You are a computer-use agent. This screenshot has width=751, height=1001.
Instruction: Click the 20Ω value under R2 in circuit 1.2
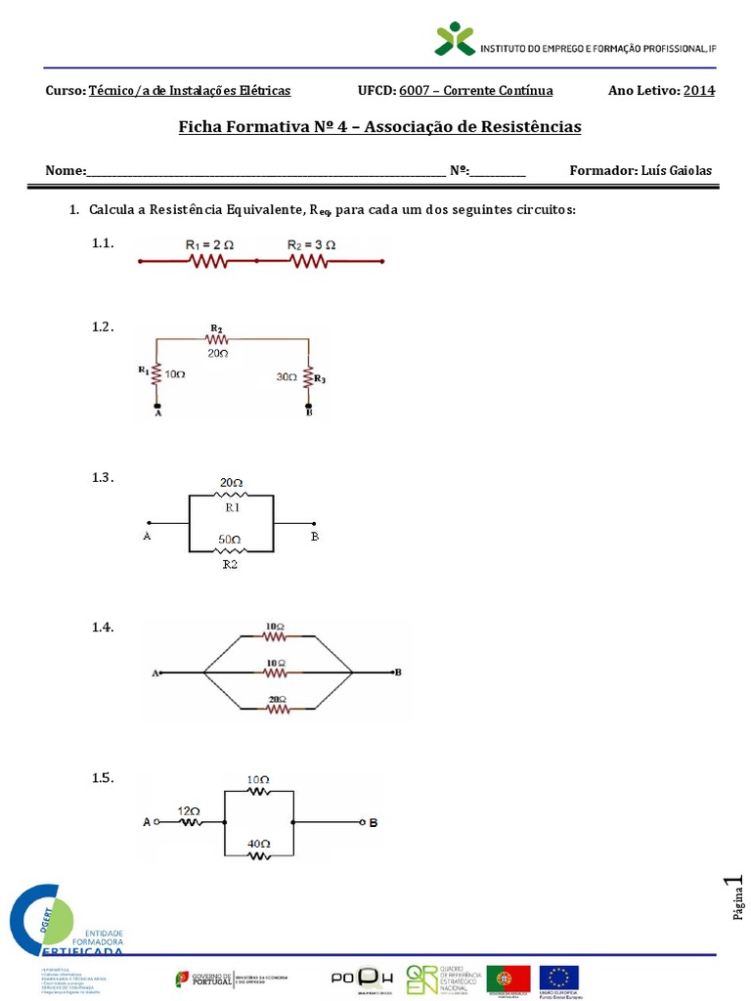[x=216, y=352]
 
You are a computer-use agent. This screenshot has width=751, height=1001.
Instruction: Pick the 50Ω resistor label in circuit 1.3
[x=231, y=539]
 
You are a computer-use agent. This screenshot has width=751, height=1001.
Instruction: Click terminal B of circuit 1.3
[x=315, y=536]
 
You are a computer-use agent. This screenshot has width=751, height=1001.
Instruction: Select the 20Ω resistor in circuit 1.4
[x=277, y=699]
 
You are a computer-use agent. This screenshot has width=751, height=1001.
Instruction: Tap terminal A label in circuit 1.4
[x=155, y=674]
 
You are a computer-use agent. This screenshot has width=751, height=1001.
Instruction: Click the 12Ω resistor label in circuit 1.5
[x=189, y=811]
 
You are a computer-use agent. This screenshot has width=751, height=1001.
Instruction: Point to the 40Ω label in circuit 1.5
[x=258, y=843]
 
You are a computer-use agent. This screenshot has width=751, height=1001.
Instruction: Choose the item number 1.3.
[x=103, y=477]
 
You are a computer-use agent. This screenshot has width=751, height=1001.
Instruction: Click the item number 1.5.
[x=103, y=778]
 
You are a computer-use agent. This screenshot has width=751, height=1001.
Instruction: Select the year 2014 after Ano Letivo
[x=698, y=91]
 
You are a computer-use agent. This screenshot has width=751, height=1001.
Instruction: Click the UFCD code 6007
[x=417, y=91]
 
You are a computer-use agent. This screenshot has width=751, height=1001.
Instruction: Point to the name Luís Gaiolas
[x=677, y=171]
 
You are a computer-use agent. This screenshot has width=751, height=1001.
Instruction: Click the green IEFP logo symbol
[x=455, y=40]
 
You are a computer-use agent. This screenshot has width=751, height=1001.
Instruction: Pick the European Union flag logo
[x=559, y=978]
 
